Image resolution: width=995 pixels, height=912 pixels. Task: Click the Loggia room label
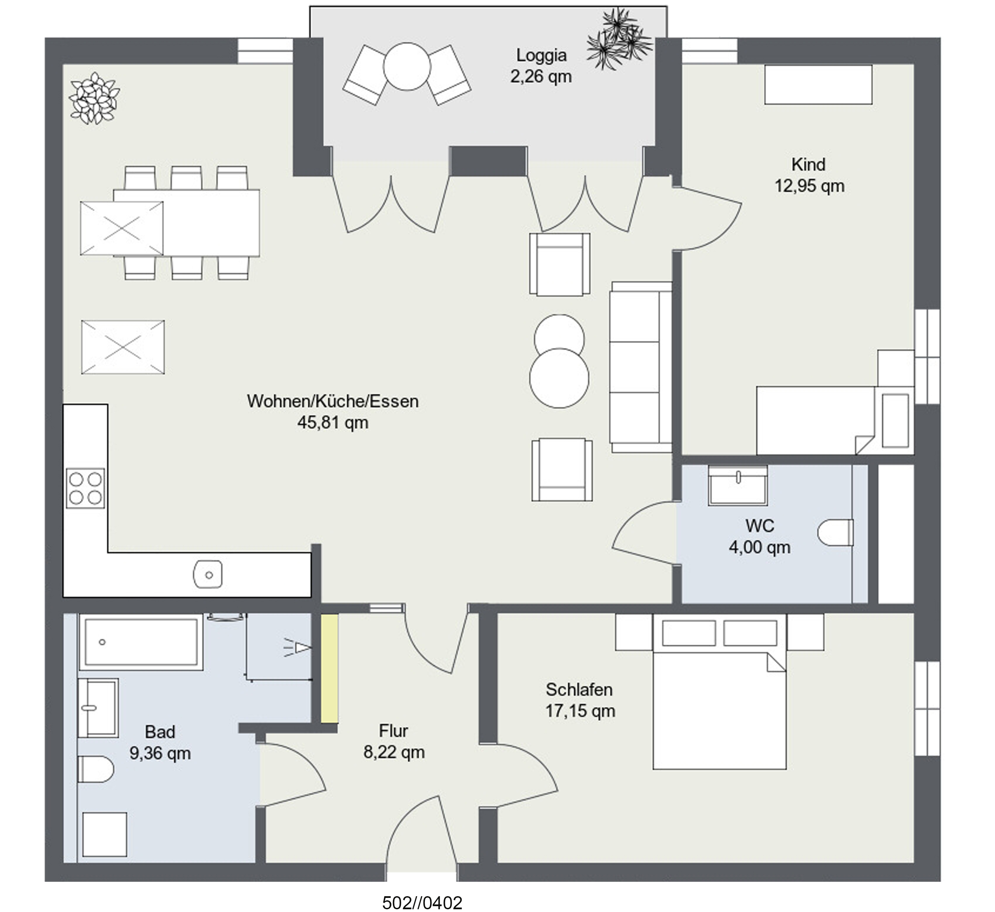tap(541, 55)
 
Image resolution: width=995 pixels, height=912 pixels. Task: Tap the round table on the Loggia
tap(407, 66)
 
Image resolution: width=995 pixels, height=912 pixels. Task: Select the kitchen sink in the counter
tap(208, 574)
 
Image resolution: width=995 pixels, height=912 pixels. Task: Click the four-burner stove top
tap(85, 488)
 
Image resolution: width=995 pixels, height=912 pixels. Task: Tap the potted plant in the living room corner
tap(94, 98)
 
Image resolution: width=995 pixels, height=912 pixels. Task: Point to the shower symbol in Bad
tap(297, 647)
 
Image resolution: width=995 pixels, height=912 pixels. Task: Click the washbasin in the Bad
tap(98, 708)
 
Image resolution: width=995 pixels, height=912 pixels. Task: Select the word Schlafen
tap(579, 689)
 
